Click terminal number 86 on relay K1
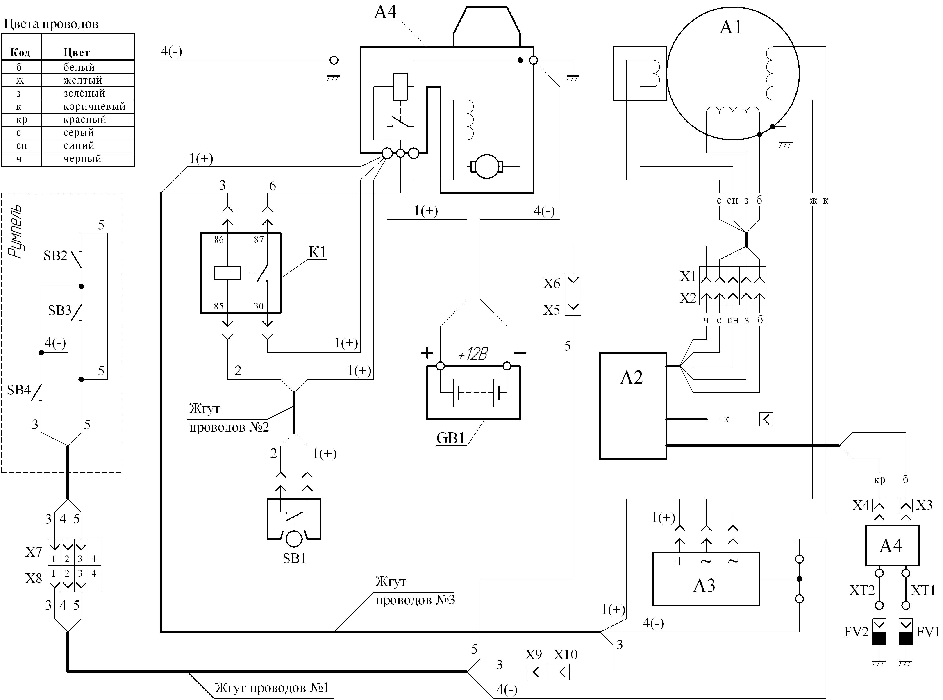pyautogui.click(x=219, y=240)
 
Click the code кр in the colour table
pyautogui.click(x=22, y=120)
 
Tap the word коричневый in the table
pyautogui.click(x=94, y=106)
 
